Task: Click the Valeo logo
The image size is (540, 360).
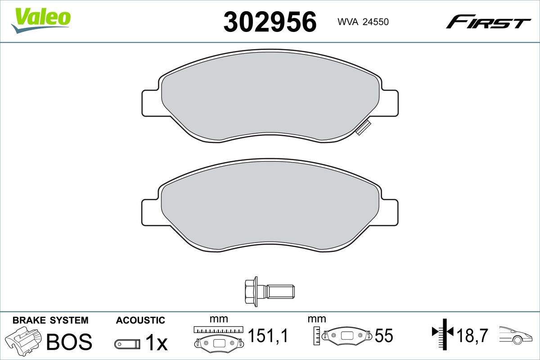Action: coord(41,21)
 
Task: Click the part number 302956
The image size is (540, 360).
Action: coord(270,22)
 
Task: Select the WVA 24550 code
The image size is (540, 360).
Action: coord(363,22)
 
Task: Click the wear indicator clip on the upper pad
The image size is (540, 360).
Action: coord(364,128)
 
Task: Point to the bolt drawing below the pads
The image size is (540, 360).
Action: coord(270,292)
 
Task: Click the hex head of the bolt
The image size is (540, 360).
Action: coord(252,292)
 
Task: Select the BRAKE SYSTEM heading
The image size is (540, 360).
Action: coord(50,320)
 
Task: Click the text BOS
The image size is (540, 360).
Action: coord(69,342)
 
